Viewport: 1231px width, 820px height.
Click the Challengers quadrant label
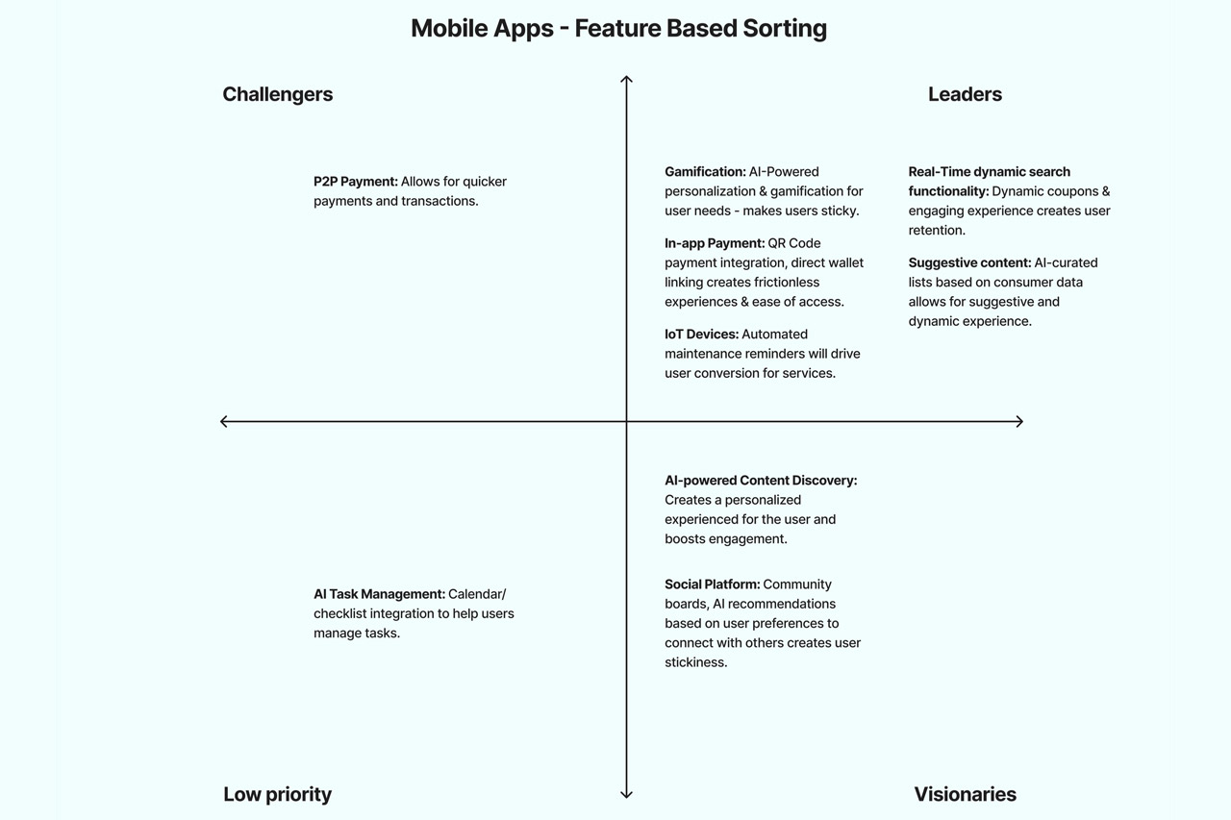tap(277, 94)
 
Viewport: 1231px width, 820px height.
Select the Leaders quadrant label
tap(965, 94)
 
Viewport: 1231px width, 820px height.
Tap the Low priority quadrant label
tap(277, 794)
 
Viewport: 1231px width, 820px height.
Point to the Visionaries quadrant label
tap(965, 794)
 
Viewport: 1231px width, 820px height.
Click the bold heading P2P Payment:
tap(356, 182)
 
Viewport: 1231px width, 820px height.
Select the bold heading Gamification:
tap(705, 172)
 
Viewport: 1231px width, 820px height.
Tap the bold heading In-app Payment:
tap(715, 243)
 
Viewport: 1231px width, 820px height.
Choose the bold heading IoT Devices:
tap(701, 335)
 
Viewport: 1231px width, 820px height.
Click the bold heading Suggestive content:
tap(969, 262)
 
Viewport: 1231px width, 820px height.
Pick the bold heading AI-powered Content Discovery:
tap(761, 481)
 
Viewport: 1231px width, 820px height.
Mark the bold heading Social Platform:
tap(712, 584)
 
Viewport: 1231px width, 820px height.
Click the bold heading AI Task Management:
tap(379, 594)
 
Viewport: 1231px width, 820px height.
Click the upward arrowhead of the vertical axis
tap(626, 79)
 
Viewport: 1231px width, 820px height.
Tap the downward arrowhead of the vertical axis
tap(626, 795)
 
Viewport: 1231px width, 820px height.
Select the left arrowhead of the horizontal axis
tap(224, 421)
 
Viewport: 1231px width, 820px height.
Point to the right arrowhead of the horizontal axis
tap(1019, 421)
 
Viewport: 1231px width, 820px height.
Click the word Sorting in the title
tap(785, 29)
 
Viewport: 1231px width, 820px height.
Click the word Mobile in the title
tap(449, 29)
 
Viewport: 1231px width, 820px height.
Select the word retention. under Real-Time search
tap(937, 231)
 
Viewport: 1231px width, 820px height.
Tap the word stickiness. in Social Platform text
tap(695, 662)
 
